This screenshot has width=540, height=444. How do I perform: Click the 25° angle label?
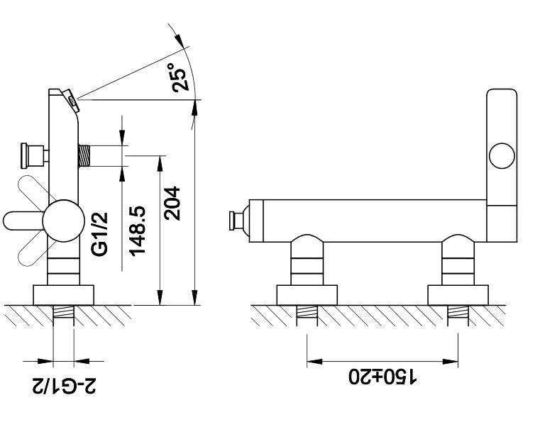click(x=180, y=77)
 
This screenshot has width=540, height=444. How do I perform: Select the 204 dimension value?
click(x=172, y=204)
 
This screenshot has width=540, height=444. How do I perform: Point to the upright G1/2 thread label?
click(x=100, y=234)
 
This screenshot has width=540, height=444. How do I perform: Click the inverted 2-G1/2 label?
click(x=65, y=386)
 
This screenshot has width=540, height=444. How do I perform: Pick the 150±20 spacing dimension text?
click(x=382, y=376)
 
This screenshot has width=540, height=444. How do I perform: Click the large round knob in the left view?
click(x=63, y=221)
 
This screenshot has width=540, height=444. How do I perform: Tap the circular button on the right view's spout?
click(x=502, y=156)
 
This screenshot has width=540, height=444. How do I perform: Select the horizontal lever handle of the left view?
click(x=23, y=221)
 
